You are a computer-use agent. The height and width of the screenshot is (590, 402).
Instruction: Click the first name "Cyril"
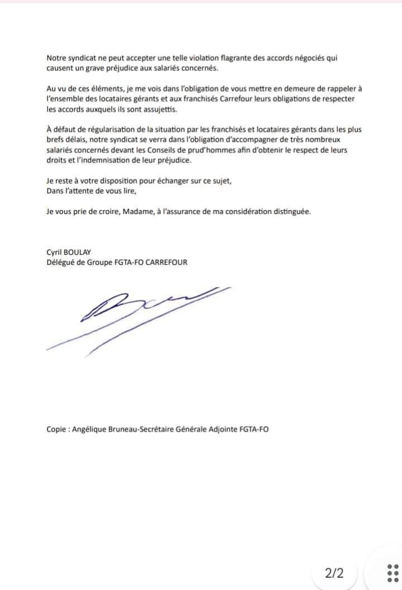coord(56,252)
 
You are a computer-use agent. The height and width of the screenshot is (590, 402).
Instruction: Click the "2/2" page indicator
coord(334,572)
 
